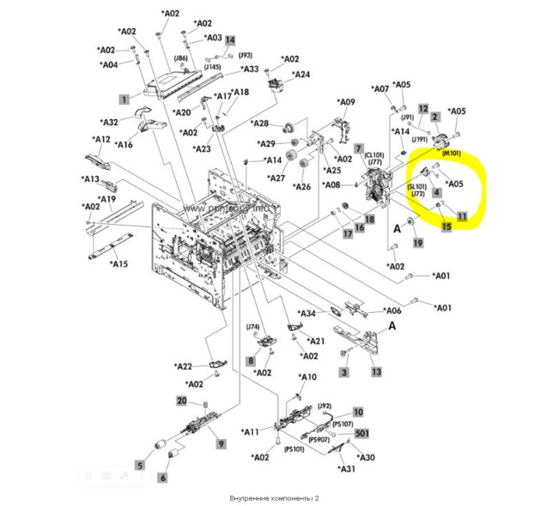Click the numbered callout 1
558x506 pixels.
pos(124,99)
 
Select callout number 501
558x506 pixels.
pos(362,433)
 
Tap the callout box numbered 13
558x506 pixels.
pos(376,372)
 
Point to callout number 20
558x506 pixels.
pos(182,401)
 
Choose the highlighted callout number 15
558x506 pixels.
pos(446,226)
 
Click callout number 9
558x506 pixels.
pos(221,443)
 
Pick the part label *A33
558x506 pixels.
pos(249,69)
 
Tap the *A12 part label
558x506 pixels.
pos(101,140)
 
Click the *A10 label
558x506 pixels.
pos(306,377)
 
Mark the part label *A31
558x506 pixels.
pos(347,468)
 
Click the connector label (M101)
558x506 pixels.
pos(452,154)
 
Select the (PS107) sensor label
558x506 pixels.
pos(343,425)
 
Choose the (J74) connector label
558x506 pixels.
pos(253,327)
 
